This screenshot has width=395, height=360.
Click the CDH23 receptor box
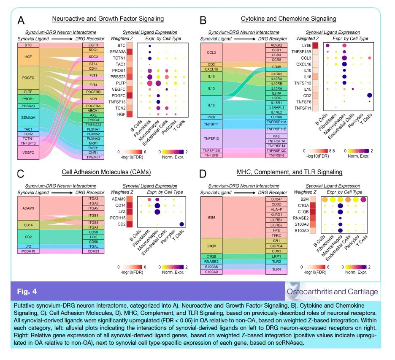(93, 251)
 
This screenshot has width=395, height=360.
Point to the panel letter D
(202, 173)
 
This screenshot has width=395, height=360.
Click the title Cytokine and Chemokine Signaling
(289, 19)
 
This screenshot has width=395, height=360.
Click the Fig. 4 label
(28, 292)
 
